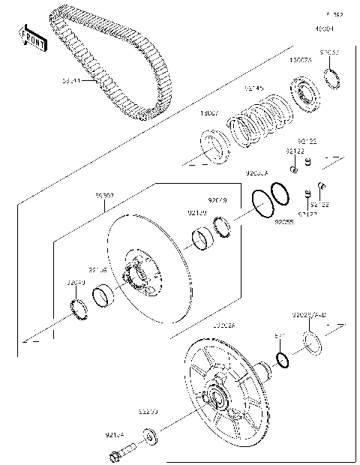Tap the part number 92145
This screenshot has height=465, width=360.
pos(253,88)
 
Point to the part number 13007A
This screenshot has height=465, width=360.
pos(301,59)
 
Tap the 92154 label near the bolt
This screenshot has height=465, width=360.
pos(115,433)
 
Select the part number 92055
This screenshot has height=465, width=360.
pos(283,222)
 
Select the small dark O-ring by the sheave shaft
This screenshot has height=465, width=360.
pos(282,361)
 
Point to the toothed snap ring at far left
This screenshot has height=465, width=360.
pos(79,307)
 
